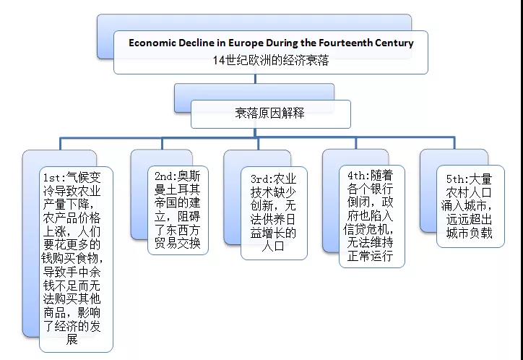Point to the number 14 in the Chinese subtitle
[219, 61]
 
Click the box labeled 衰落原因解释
[270, 113]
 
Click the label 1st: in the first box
[55, 178]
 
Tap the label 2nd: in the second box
[166, 176]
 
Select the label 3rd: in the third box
[261, 179]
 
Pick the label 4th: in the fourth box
[359, 176]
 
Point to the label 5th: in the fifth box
[458, 179]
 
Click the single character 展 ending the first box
[72, 339]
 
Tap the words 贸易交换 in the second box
[178, 243]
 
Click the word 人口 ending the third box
[273, 247]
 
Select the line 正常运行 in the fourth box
[371, 256]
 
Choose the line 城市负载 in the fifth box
[469, 233]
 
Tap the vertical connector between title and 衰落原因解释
[255, 79]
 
